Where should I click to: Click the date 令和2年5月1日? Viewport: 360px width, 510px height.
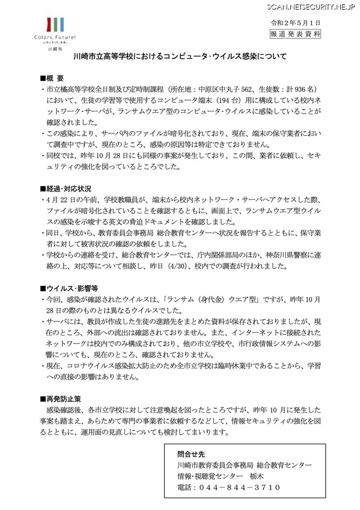[296, 23]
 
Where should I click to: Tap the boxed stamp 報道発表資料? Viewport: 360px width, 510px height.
[296, 34]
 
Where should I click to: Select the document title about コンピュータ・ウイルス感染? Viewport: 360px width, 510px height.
[181, 56]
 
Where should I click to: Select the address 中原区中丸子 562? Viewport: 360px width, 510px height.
[224, 89]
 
